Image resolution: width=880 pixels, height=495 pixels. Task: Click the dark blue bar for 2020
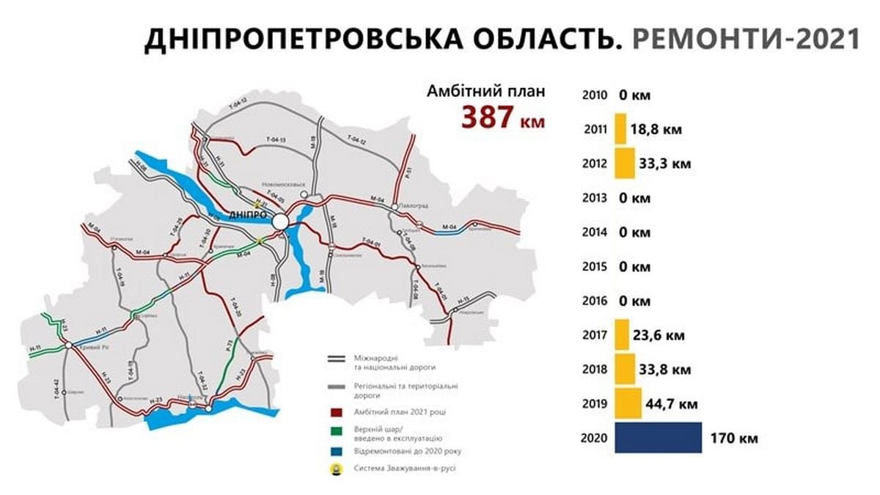click(658, 438)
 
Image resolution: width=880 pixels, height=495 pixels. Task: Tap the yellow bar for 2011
click(620, 129)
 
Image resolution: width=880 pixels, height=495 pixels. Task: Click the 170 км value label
click(734, 439)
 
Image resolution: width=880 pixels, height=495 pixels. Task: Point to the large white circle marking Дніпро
click(279, 221)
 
